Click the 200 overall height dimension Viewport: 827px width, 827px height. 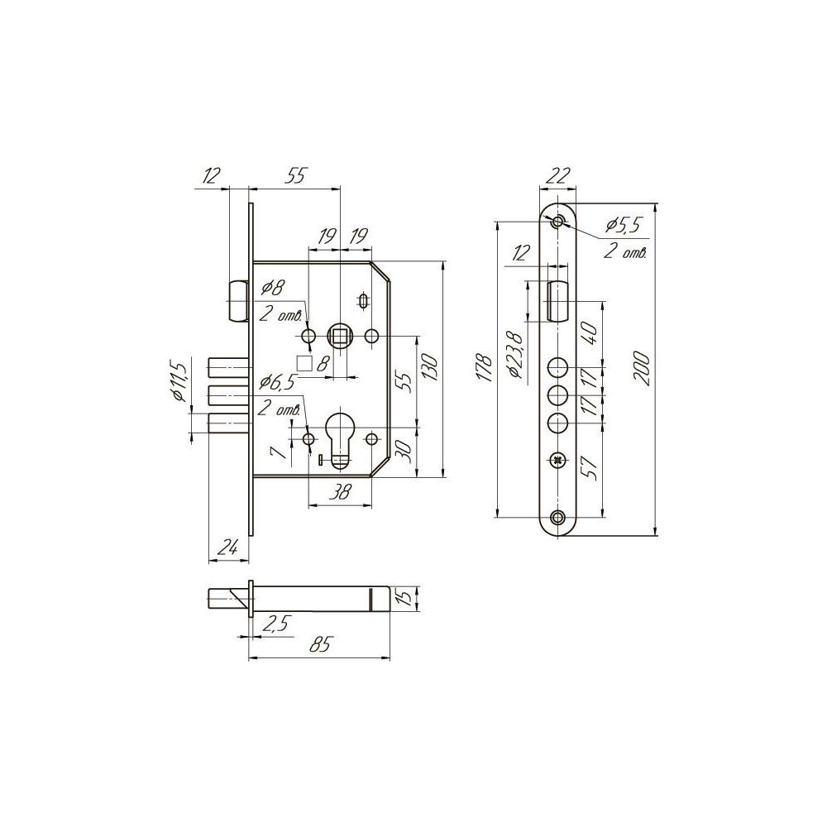click(x=643, y=368)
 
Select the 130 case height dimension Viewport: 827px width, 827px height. click(x=430, y=368)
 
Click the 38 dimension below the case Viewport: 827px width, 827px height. click(x=340, y=493)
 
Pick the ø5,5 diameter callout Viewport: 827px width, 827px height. click(x=624, y=225)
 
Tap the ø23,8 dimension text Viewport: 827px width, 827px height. click(x=514, y=356)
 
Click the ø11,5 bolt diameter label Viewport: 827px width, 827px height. click(x=179, y=380)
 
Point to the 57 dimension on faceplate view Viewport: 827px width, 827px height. click(x=590, y=467)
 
